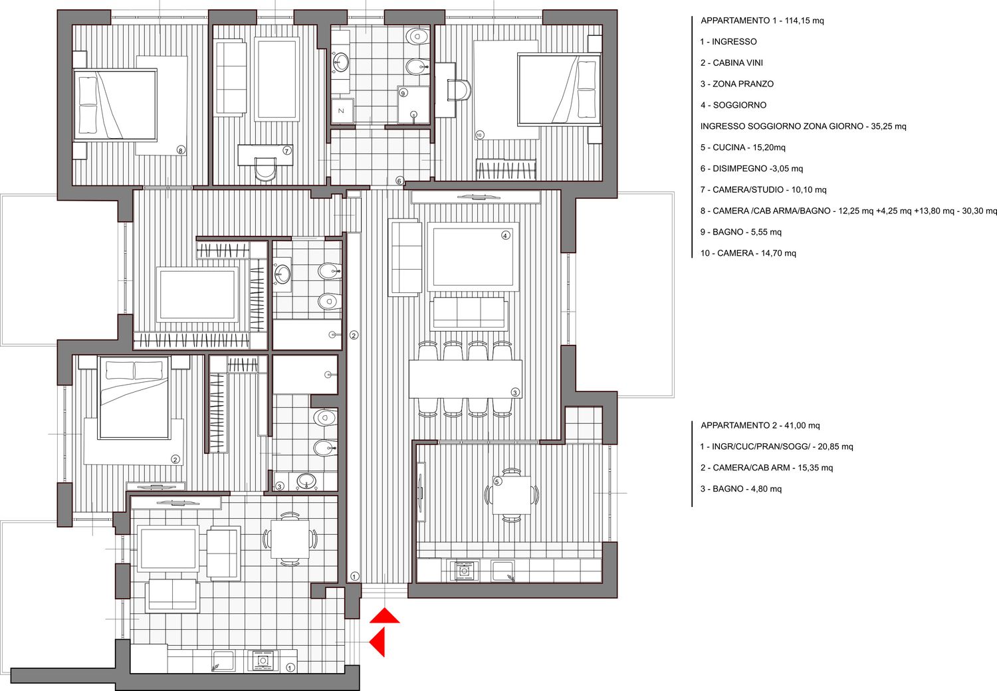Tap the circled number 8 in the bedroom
[x=180, y=150]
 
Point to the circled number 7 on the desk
[x=286, y=151]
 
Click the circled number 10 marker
[x=479, y=135]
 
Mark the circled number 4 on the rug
[x=505, y=235]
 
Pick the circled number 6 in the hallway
[x=399, y=181]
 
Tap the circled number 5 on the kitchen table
[x=498, y=482]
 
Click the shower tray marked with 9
[x=413, y=104]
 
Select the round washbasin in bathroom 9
[x=342, y=62]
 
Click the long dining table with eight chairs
[x=465, y=379]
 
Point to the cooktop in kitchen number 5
[x=465, y=571]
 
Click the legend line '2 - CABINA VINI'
[x=731, y=62]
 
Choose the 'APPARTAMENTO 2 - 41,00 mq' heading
[x=760, y=425]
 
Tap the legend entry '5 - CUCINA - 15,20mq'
[x=743, y=148]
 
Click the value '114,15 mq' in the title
[x=804, y=21]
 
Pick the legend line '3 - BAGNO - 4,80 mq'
[x=740, y=489]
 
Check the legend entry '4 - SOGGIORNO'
[x=733, y=105]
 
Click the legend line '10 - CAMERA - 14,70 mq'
[x=748, y=253]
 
